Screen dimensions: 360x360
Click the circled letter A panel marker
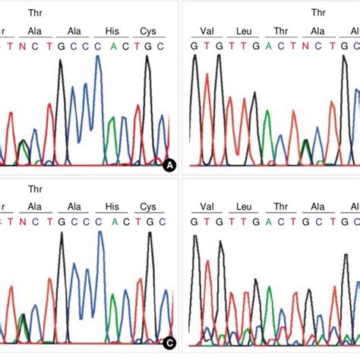(169, 164)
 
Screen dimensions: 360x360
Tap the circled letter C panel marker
(169, 343)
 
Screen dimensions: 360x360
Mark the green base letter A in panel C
(112, 220)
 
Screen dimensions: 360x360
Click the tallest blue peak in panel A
(98, 58)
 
